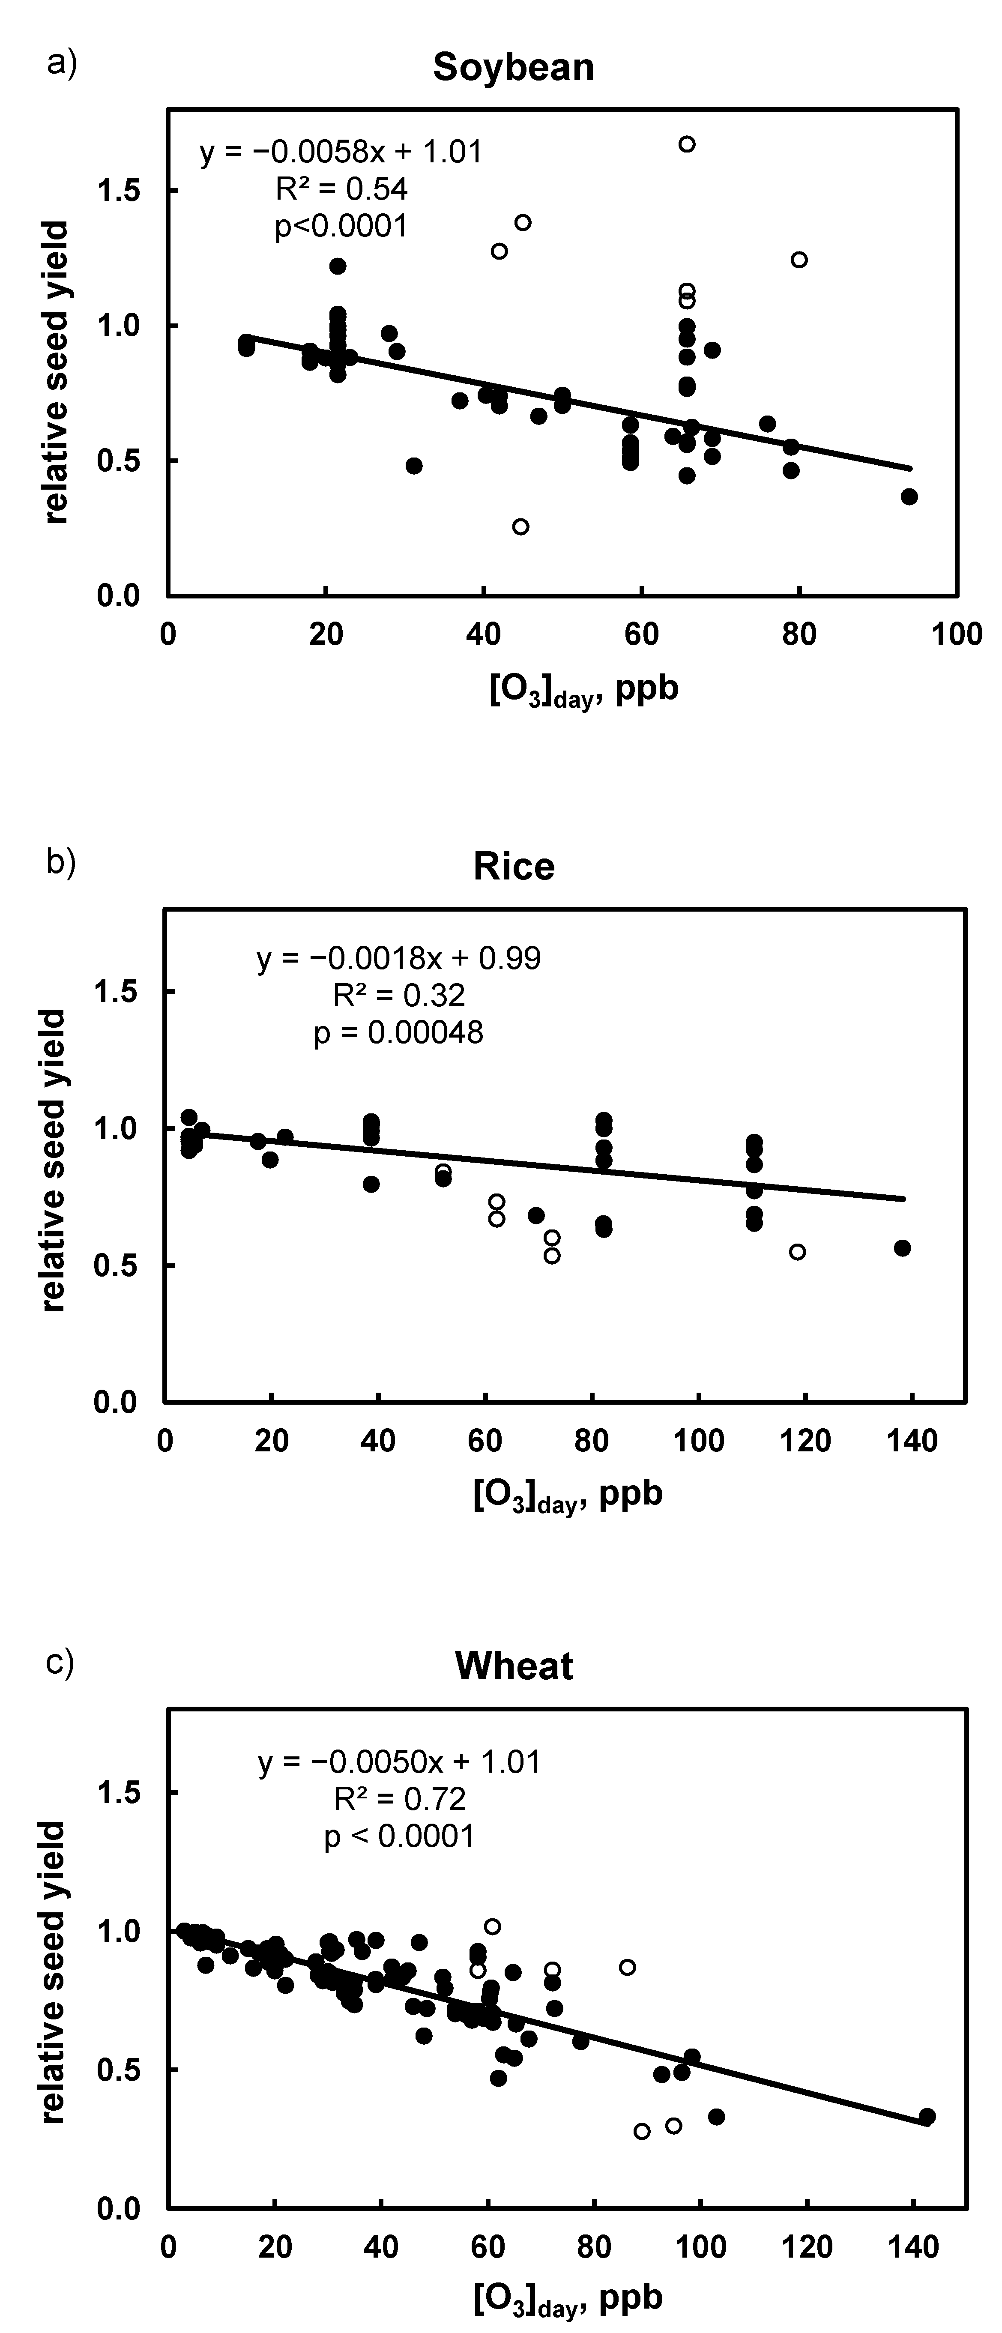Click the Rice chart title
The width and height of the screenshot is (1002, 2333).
coord(514,867)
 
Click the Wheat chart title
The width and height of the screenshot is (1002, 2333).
coord(514,1666)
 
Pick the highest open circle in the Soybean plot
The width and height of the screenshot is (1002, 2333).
coord(687,144)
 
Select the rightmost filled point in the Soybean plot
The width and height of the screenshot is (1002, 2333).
coord(909,497)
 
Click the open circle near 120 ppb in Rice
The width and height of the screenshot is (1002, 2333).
coord(797,1252)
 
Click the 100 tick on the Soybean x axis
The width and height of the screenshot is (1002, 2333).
coord(957,634)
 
